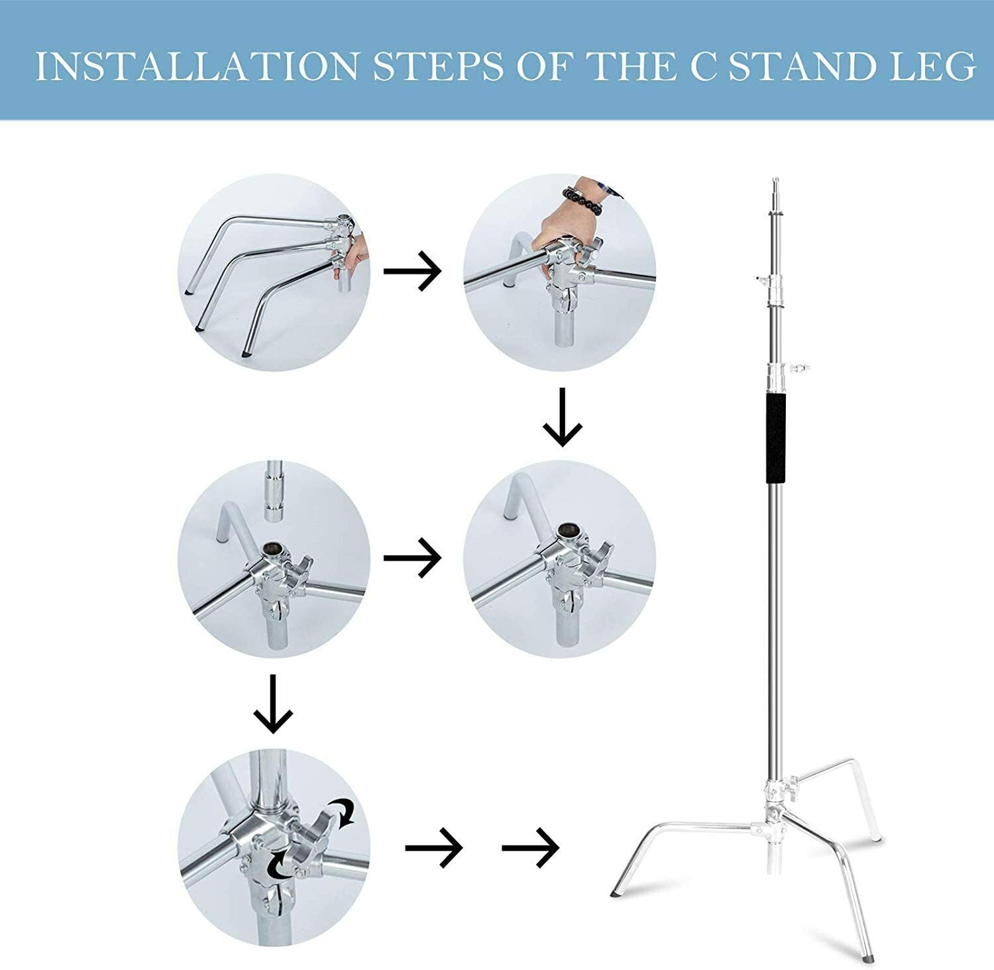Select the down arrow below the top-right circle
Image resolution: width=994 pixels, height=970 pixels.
click(562, 417)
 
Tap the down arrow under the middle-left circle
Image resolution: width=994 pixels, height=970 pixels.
click(273, 704)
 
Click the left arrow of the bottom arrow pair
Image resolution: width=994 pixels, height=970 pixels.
click(434, 847)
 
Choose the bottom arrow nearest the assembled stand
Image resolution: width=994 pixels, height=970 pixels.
click(530, 847)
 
